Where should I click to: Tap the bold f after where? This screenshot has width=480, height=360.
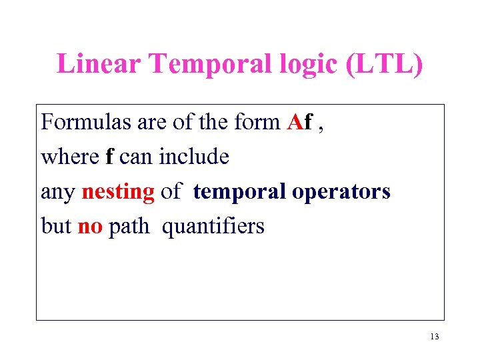point(109,157)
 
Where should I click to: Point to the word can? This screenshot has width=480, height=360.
point(135,158)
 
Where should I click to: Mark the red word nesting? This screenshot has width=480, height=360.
point(118,193)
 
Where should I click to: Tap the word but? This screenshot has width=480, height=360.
point(56,227)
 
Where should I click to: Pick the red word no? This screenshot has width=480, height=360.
point(90,227)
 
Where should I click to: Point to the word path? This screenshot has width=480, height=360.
point(129,227)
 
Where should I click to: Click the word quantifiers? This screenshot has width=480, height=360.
point(213,227)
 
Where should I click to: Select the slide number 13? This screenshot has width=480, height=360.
point(435,337)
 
